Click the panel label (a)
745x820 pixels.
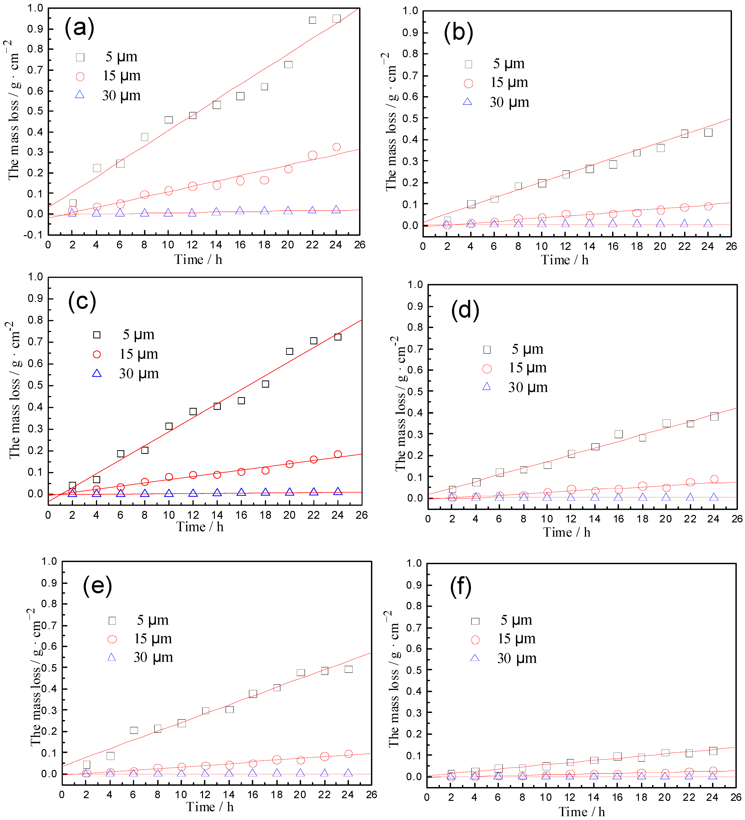pyautogui.click(x=79, y=29)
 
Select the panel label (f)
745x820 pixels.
pyautogui.click(x=461, y=587)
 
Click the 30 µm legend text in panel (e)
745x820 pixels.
pyautogui.click(x=153, y=657)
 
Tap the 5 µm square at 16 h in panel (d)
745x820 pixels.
pyautogui.click(x=618, y=434)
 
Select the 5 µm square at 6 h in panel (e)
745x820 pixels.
pyautogui.click(x=134, y=731)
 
